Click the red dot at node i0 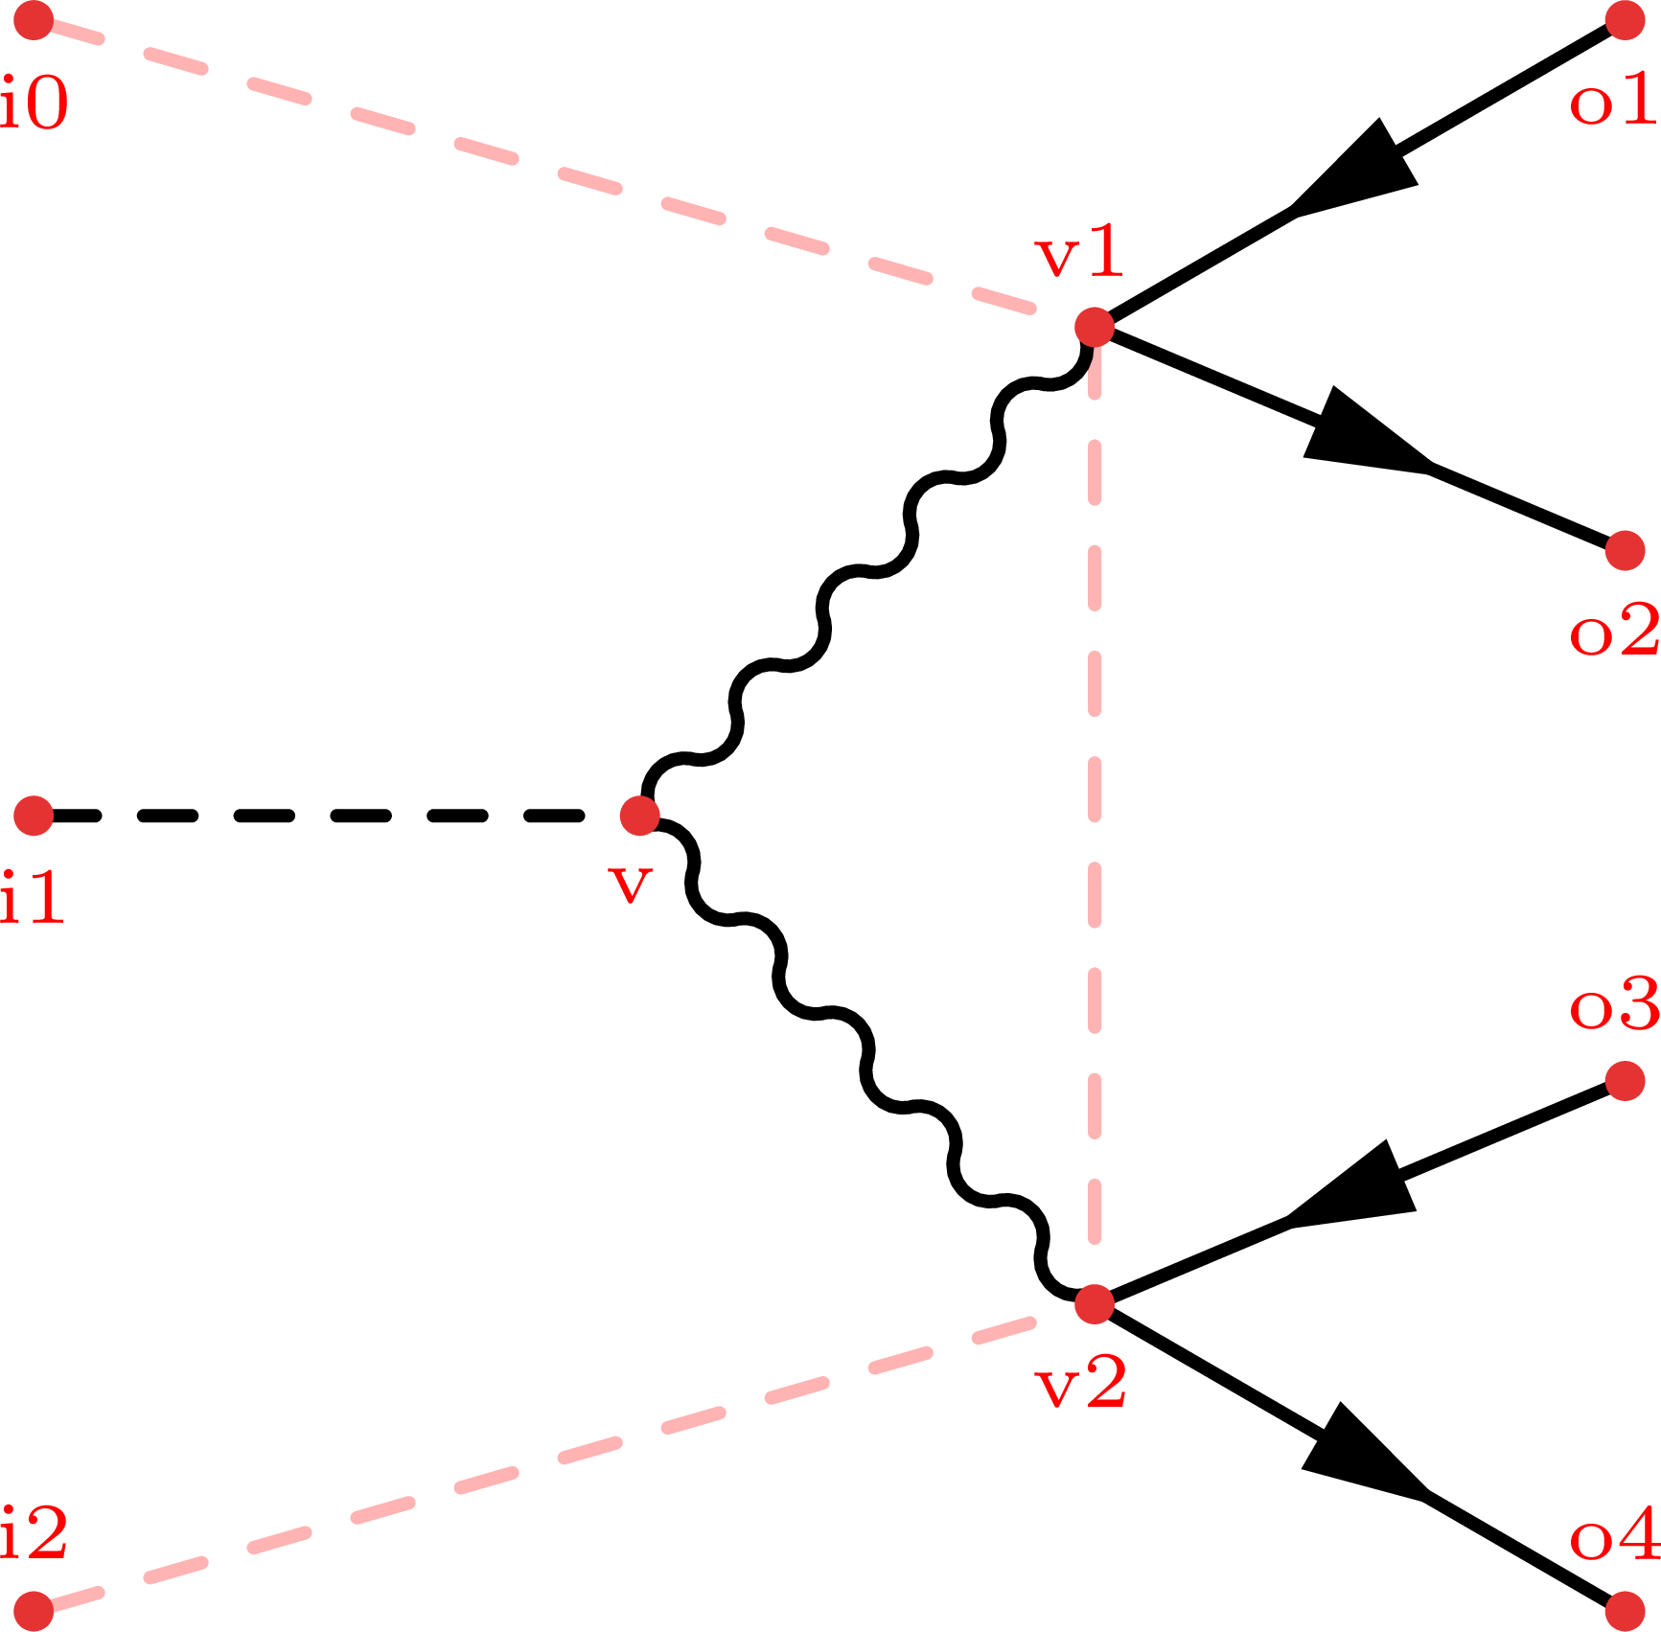pyautogui.click(x=34, y=21)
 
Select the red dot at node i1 pyautogui.click(x=34, y=816)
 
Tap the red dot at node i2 pyautogui.click(x=34, y=1611)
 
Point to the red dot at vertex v pyautogui.click(x=639, y=816)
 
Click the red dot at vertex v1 pyautogui.click(x=1095, y=327)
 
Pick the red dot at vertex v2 pyautogui.click(x=1095, y=1304)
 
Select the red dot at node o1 pyautogui.click(x=1625, y=21)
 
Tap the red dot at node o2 pyautogui.click(x=1625, y=550)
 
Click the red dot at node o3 pyautogui.click(x=1625, y=1081)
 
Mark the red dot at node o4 pyautogui.click(x=1625, y=1611)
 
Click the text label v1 pyautogui.click(x=1078, y=255)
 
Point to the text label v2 pyautogui.click(x=1080, y=1385)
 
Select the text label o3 pyautogui.click(x=1614, y=1005)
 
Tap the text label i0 pyautogui.click(x=35, y=103)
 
